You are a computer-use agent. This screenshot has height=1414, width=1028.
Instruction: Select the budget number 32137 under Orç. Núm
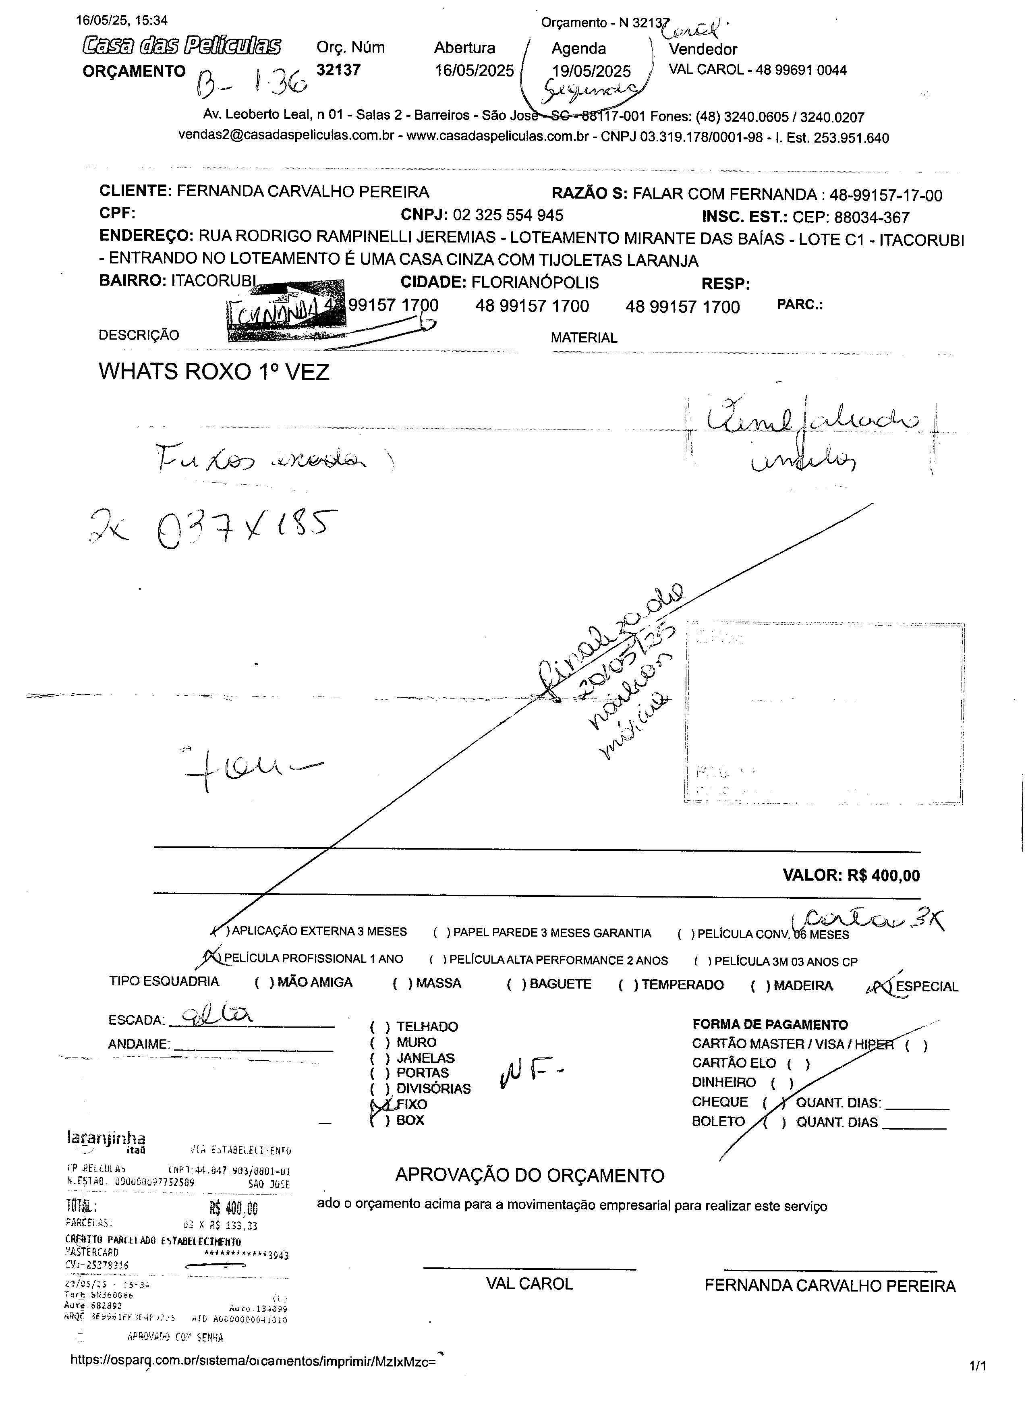coord(338,70)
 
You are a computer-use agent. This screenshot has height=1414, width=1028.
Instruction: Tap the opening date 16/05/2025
coord(474,70)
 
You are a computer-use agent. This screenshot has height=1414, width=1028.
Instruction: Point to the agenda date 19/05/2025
coord(591,72)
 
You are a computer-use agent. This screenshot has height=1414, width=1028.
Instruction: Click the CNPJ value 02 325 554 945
coord(508,216)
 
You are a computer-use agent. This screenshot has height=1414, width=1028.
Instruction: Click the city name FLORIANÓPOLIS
coord(534,282)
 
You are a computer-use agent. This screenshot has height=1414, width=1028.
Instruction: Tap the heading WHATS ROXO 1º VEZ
coord(214,372)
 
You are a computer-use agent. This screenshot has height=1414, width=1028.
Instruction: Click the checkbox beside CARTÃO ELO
coord(798,1064)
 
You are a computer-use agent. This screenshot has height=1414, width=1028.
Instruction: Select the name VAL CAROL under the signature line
coord(529,1284)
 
